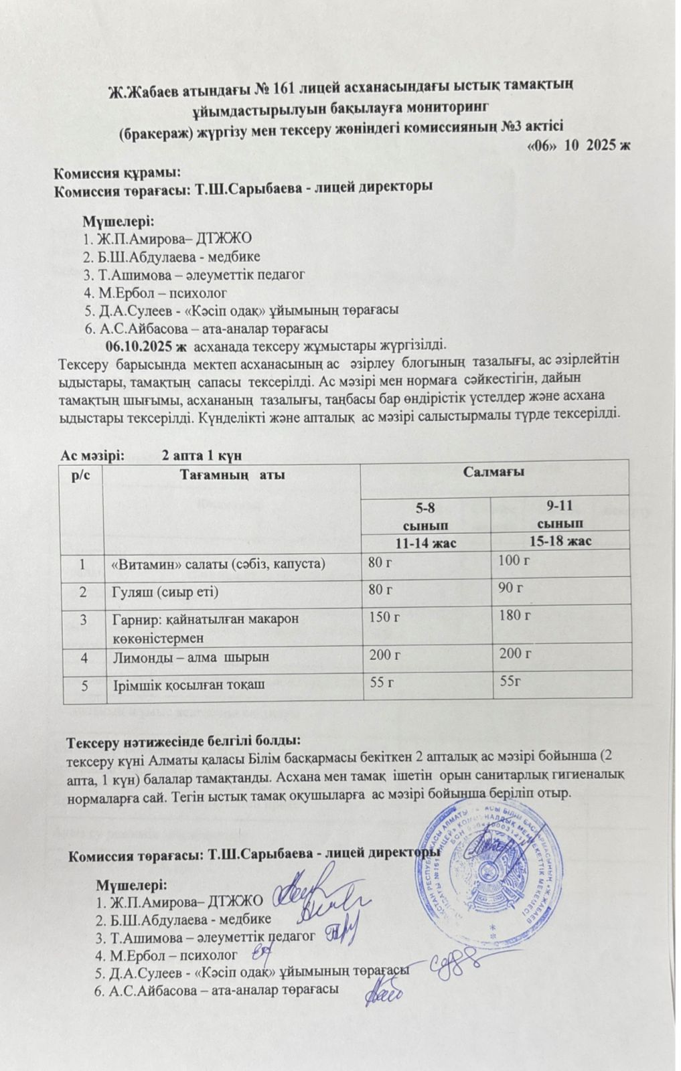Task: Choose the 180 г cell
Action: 515,614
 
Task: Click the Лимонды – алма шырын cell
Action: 190,657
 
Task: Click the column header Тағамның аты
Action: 232,475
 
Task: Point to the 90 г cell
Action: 512,588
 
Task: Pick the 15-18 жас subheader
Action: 560,541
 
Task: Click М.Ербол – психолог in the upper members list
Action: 156,293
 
